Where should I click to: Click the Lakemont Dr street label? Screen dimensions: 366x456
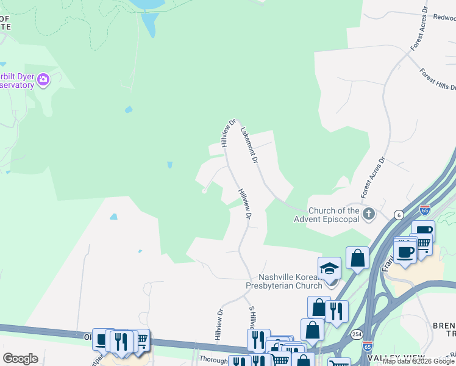(x=249, y=145)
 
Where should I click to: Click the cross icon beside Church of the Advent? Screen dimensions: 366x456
(x=368, y=213)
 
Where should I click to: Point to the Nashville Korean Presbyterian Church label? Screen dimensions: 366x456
(x=291, y=281)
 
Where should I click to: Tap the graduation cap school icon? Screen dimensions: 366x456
(x=329, y=268)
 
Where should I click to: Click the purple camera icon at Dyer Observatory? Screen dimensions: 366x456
(x=43, y=80)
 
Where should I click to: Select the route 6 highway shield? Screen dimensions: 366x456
(x=398, y=214)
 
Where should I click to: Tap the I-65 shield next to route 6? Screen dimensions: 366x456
(x=425, y=210)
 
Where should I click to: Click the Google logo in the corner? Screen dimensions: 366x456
(x=20, y=358)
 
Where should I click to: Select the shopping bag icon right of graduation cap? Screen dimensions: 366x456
(x=358, y=258)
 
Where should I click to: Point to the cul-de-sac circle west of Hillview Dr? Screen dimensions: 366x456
(x=204, y=191)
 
